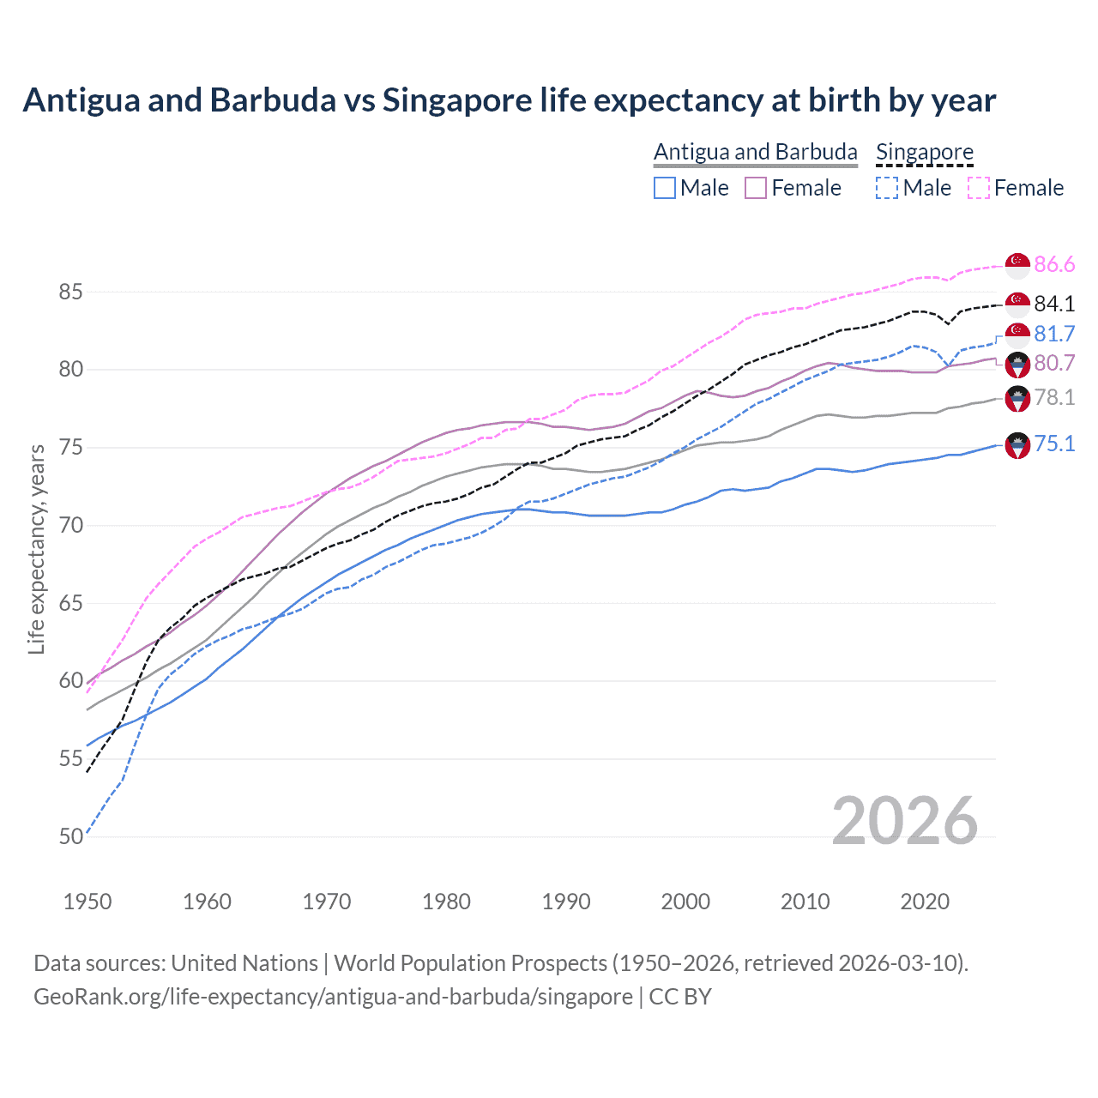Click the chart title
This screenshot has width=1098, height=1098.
(x=509, y=100)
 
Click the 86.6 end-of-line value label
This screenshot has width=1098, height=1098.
(x=1053, y=264)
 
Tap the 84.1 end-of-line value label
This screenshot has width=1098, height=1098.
(x=1053, y=304)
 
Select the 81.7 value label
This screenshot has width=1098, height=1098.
(x=1053, y=334)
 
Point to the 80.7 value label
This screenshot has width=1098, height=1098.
(x=1053, y=363)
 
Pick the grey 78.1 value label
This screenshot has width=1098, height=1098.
(x=1053, y=397)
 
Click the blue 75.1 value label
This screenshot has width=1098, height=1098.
(x=1053, y=443)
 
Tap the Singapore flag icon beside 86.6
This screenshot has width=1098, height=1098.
(x=1017, y=265)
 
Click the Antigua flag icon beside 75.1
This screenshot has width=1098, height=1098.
(x=1017, y=445)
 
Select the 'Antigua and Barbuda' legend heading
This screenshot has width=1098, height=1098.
(x=755, y=152)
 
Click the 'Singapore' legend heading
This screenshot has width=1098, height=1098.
(x=924, y=152)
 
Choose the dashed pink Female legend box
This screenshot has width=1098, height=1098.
(x=978, y=188)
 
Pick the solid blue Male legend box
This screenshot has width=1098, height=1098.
(x=665, y=188)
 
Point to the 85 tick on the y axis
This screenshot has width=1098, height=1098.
(x=70, y=292)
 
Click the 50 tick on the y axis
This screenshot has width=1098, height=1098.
(x=70, y=836)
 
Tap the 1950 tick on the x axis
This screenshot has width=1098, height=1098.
(x=87, y=902)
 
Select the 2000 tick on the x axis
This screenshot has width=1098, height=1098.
(x=685, y=902)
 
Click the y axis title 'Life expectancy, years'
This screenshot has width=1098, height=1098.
(x=36, y=549)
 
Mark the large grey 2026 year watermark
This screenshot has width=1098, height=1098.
(x=904, y=821)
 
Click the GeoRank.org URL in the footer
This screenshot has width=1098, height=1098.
(x=333, y=997)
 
